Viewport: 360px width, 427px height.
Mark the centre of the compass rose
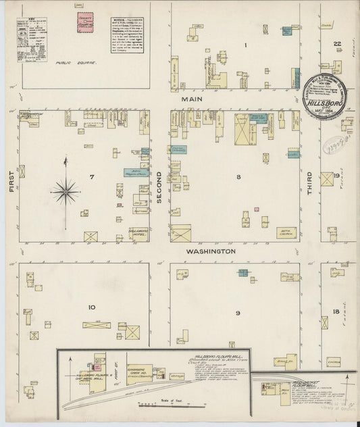(x=66, y=191)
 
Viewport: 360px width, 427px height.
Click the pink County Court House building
(x=85, y=24)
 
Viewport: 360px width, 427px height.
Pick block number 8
(x=238, y=177)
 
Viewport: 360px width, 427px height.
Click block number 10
(x=91, y=307)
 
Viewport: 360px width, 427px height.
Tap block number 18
(x=336, y=311)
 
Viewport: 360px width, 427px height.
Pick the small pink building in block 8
(x=257, y=209)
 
